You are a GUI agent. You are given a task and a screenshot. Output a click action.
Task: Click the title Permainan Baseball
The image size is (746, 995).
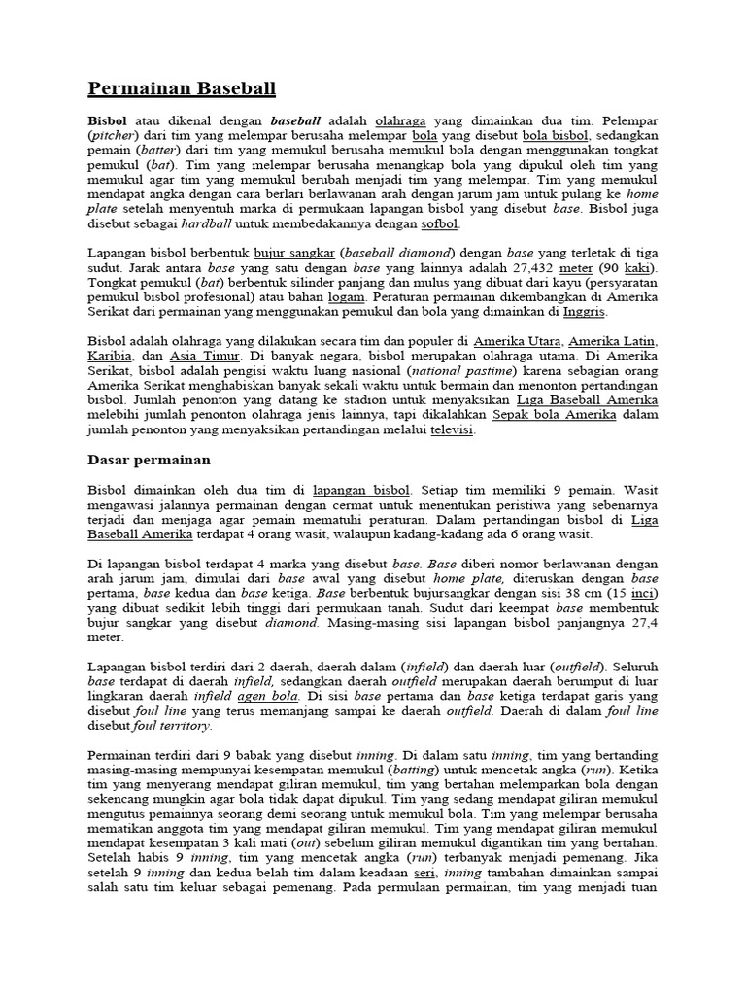click(x=182, y=89)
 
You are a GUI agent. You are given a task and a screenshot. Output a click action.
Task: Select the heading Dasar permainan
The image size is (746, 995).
click(x=150, y=459)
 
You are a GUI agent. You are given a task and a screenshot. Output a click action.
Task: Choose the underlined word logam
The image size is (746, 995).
click(x=346, y=296)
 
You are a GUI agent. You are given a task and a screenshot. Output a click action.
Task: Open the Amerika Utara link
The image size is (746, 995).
click(x=515, y=341)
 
